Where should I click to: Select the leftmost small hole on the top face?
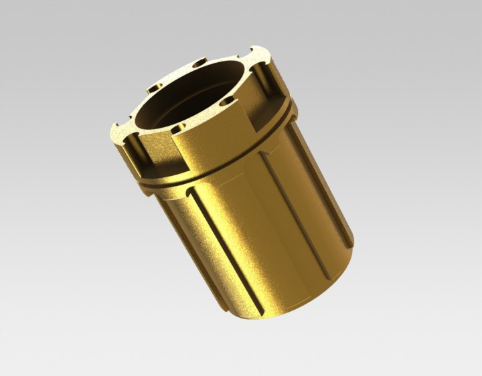153,88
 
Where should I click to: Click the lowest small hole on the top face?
177,127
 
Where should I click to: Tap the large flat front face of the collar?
208,144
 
